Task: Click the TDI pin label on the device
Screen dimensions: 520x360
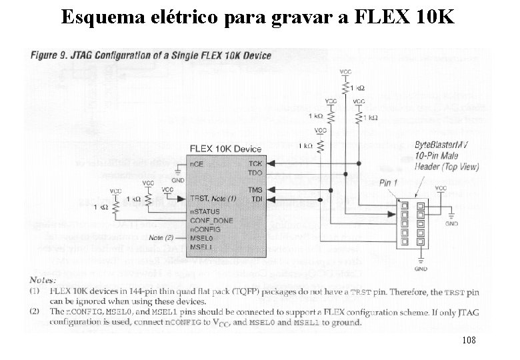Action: click(256, 199)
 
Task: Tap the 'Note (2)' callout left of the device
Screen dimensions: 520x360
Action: click(161, 237)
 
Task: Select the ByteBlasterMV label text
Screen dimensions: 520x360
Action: click(443, 145)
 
